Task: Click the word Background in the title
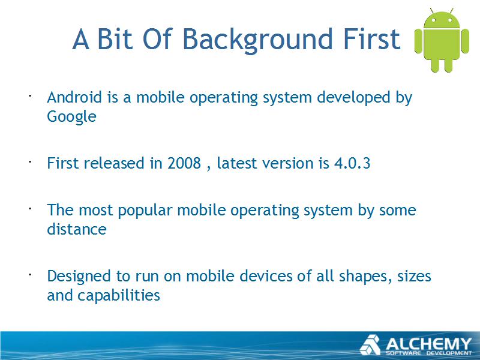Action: (x=257, y=40)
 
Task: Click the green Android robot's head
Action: (x=442, y=20)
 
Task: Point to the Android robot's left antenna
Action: (x=431, y=11)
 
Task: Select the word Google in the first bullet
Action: (x=71, y=117)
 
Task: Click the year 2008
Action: (x=184, y=163)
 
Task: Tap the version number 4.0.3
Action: (x=352, y=163)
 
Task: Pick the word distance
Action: (x=77, y=229)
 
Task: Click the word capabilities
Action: (x=119, y=296)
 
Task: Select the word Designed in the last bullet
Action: (x=79, y=277)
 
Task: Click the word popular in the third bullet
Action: (x=145, y=211)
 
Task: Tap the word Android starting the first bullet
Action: (x=74, y=97)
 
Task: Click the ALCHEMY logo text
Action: (x=428, y=344)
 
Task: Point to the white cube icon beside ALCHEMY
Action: (x=370, y=345)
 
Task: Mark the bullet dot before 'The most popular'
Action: (x=31, y=209)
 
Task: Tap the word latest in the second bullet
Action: (x=236, y=163)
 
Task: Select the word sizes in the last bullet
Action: (x=414, y=276)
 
